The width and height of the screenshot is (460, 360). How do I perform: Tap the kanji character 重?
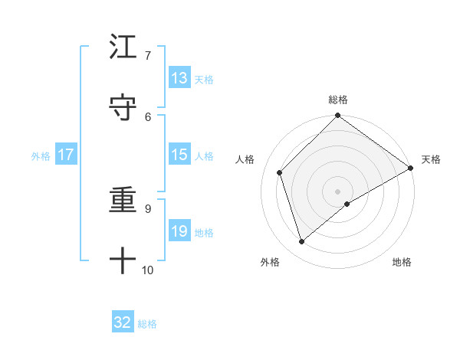click(123, 201)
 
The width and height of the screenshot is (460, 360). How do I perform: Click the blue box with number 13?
click(179, 78)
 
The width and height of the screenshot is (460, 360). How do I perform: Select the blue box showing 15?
click(179, 155)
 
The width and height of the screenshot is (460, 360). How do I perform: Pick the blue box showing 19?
click(179, 231)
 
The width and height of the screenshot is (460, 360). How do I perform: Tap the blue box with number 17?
click(66, 155)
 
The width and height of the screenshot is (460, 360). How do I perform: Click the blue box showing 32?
click(123, 322)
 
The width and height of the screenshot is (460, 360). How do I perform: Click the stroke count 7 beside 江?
click(147, 55)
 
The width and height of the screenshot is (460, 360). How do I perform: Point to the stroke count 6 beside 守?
click(147, 116)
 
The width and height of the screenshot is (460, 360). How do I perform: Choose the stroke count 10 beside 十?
click(147, 270)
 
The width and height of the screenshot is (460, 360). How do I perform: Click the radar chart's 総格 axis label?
click(337, 100)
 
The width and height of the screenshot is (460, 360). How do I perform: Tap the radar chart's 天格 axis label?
click(431, 159)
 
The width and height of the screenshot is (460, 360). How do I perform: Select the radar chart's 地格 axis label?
click(402, 262)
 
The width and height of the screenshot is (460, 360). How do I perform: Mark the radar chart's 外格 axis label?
click(271, 262)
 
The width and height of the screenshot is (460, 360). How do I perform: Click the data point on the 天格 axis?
click(411, 168)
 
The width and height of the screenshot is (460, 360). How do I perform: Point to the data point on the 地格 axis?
click(347, 204)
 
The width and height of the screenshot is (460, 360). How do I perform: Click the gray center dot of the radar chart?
click(337, 191)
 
